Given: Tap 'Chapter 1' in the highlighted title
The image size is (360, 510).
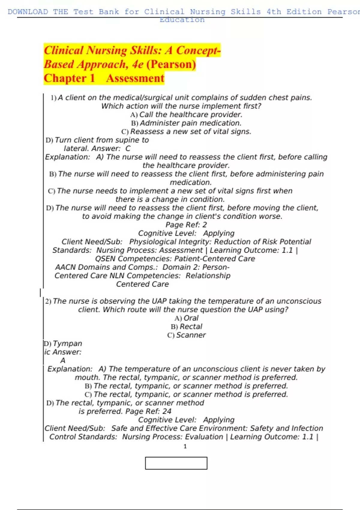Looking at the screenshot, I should click(x=69, y=78).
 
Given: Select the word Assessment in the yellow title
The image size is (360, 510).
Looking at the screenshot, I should click(x=135, y=78).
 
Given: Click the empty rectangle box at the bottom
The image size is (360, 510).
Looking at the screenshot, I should click(x=176, y=463).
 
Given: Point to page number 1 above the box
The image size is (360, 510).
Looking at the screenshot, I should click(x=185, y=446).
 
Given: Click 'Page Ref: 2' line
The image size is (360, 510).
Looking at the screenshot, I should click(x=186, y=225).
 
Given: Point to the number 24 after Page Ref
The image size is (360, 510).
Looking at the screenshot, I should click(x=167, y=411).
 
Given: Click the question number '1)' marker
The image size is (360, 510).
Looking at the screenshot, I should click(x=54, y=98).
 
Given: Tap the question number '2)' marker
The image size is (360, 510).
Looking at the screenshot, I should click(x=48, y=301).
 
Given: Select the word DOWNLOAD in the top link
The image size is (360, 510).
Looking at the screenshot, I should click(x=28, y=12).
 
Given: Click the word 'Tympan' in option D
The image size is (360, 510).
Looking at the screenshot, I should click(x=67, y=343).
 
